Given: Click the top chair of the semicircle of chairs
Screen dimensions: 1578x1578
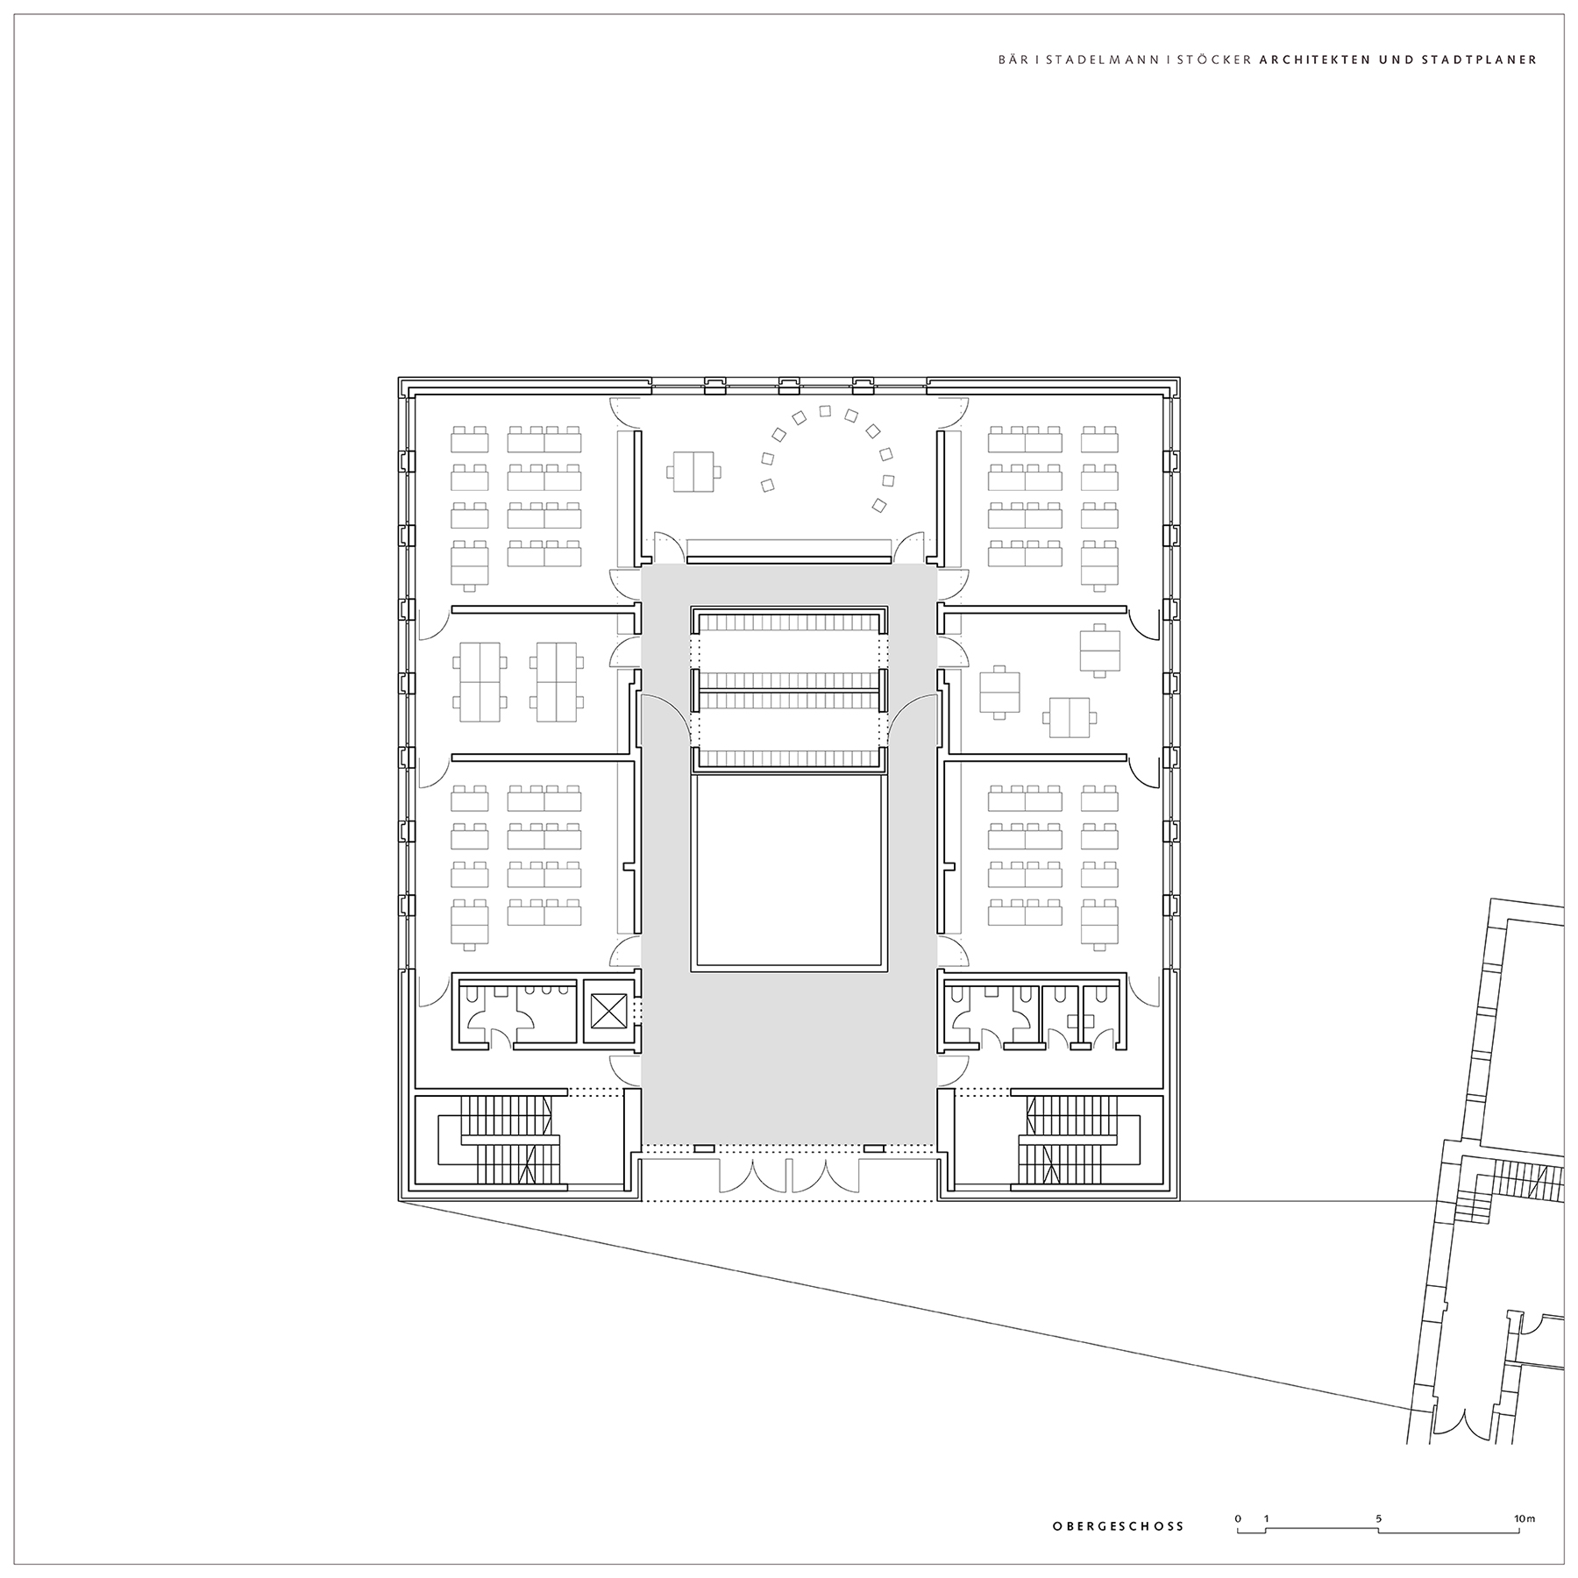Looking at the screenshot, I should tap(824, 410).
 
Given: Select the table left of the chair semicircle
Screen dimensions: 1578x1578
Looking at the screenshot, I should tap(693, 472).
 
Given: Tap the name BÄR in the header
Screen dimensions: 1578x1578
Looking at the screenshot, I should tap(1012, 60).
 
